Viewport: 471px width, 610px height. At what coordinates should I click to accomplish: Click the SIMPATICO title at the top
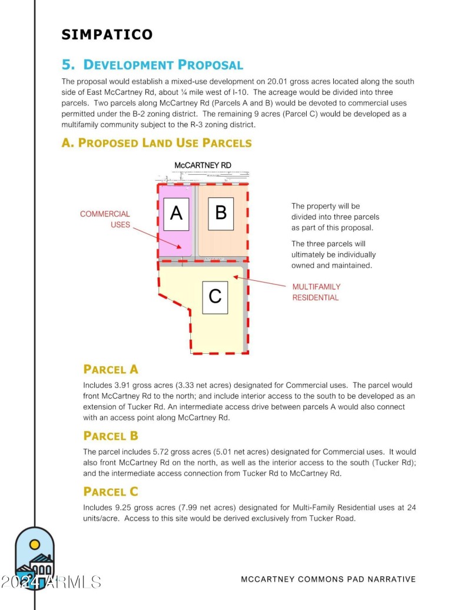(x=107, y=35)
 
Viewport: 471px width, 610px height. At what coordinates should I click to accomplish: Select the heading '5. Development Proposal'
(x=152, y=65)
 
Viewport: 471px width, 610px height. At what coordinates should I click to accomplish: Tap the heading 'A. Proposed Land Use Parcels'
(x=157, y=142)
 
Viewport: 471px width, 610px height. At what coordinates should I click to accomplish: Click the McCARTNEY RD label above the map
(x=203, y=165)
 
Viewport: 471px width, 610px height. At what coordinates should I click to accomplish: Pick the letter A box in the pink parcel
(x=175, y=213)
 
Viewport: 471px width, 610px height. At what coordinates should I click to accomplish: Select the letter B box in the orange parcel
(x=221, y=212)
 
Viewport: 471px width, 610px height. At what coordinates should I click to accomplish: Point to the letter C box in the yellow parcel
(x=215, y=297)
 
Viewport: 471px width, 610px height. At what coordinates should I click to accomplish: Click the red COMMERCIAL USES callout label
(x=105, y=219)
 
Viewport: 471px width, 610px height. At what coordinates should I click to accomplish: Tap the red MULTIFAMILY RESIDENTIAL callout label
(x=316, y=292)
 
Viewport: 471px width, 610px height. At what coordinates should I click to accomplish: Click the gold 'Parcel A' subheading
(x=111, y=369)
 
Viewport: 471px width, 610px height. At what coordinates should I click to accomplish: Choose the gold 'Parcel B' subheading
(x=111, y=436)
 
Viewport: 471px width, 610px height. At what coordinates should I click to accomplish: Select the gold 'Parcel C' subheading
(x=111, y=491)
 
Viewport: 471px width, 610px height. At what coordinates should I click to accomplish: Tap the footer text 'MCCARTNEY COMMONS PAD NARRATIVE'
(x=328, y=579)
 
